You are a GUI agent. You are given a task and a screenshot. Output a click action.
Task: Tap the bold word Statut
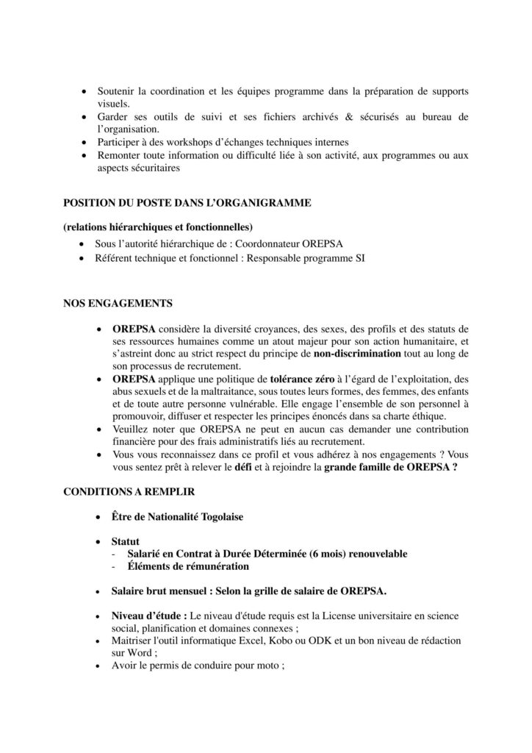point(126,541)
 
